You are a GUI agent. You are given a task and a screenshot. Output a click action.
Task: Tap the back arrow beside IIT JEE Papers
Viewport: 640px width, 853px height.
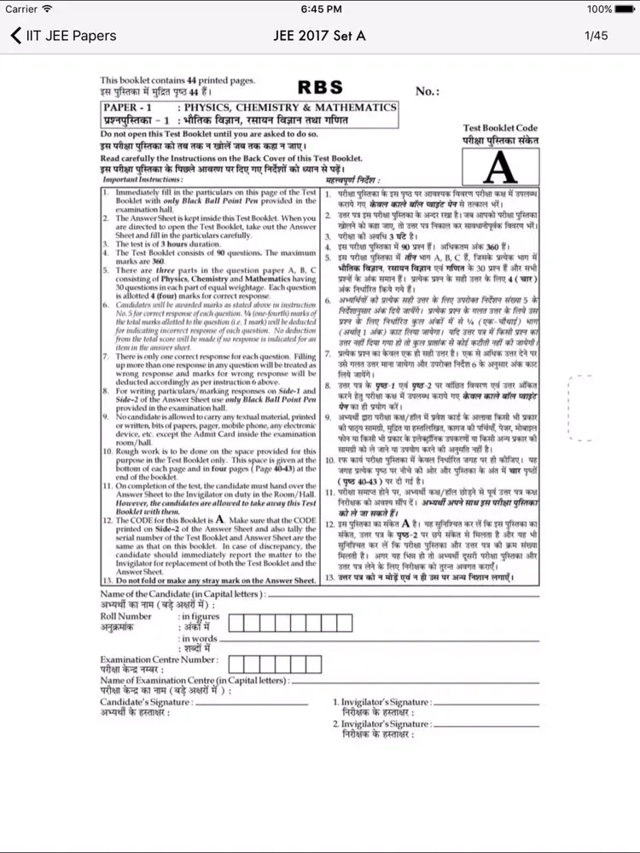pos(15,36)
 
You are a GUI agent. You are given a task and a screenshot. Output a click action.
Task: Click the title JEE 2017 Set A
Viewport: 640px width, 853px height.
pos(319,36)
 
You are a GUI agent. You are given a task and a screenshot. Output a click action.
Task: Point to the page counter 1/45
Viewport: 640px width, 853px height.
pos(596,36)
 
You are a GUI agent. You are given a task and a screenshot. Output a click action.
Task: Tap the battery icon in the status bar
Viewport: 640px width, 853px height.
pos(625,9)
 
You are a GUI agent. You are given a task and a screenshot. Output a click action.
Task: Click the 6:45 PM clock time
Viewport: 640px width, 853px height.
pos(320,9)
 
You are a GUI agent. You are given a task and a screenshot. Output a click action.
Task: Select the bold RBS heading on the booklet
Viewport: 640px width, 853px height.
pos(320,87)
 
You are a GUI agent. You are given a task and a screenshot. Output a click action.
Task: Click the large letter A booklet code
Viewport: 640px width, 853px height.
pos(500,167)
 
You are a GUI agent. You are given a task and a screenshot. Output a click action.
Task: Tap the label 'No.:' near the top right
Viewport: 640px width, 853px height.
pos(427,91)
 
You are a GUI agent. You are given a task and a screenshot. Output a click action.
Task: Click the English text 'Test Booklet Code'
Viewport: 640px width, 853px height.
pos(500,129)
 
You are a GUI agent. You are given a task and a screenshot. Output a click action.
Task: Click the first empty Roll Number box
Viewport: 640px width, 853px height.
pos(238,623)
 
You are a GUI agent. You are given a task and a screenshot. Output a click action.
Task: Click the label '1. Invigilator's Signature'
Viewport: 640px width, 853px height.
pos(381,702)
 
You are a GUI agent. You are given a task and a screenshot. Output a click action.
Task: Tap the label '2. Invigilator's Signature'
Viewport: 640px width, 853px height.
pos(381,723)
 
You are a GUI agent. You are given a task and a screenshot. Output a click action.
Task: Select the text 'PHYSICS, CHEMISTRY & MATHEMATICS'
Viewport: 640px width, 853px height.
pos(287,108)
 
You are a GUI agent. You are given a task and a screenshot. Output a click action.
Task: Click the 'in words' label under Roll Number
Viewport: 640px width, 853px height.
pos(199,638)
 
